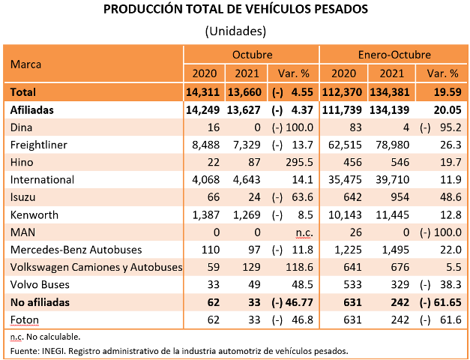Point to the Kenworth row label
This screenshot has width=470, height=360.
click(x=34, y=215)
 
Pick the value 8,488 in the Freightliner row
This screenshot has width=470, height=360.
click(x=204, y=144)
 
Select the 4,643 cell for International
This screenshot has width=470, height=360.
click(x=247, y=180)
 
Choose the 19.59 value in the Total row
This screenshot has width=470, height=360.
click(x=444, y=91)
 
